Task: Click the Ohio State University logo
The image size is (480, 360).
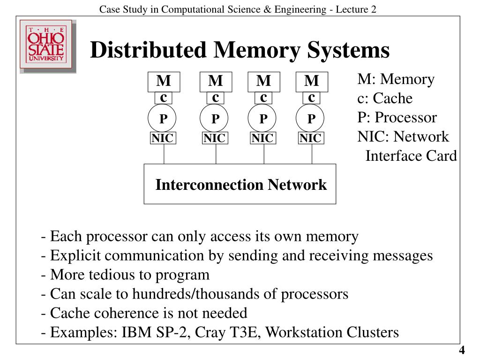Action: [47, 46]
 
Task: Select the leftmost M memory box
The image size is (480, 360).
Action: [164, 82]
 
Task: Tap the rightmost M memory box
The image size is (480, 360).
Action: [312, 82]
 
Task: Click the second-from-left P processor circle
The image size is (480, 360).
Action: [214, 119]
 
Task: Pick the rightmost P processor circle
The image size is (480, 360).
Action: [310, 119]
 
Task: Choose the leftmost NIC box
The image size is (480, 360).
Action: [162, 138]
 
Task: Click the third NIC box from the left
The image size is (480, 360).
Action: [262, 138]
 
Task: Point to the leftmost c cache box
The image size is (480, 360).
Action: [164, 98]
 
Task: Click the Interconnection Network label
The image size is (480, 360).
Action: [241, 185]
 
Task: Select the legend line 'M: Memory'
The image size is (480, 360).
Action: [396, 79]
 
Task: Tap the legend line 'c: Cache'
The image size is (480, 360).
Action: [385, 98]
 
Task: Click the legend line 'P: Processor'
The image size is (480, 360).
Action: [397, 118]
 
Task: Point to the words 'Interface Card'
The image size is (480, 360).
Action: [411, 156]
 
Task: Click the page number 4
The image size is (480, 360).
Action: [462, 351]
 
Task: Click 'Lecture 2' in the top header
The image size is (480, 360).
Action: [357, 9]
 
